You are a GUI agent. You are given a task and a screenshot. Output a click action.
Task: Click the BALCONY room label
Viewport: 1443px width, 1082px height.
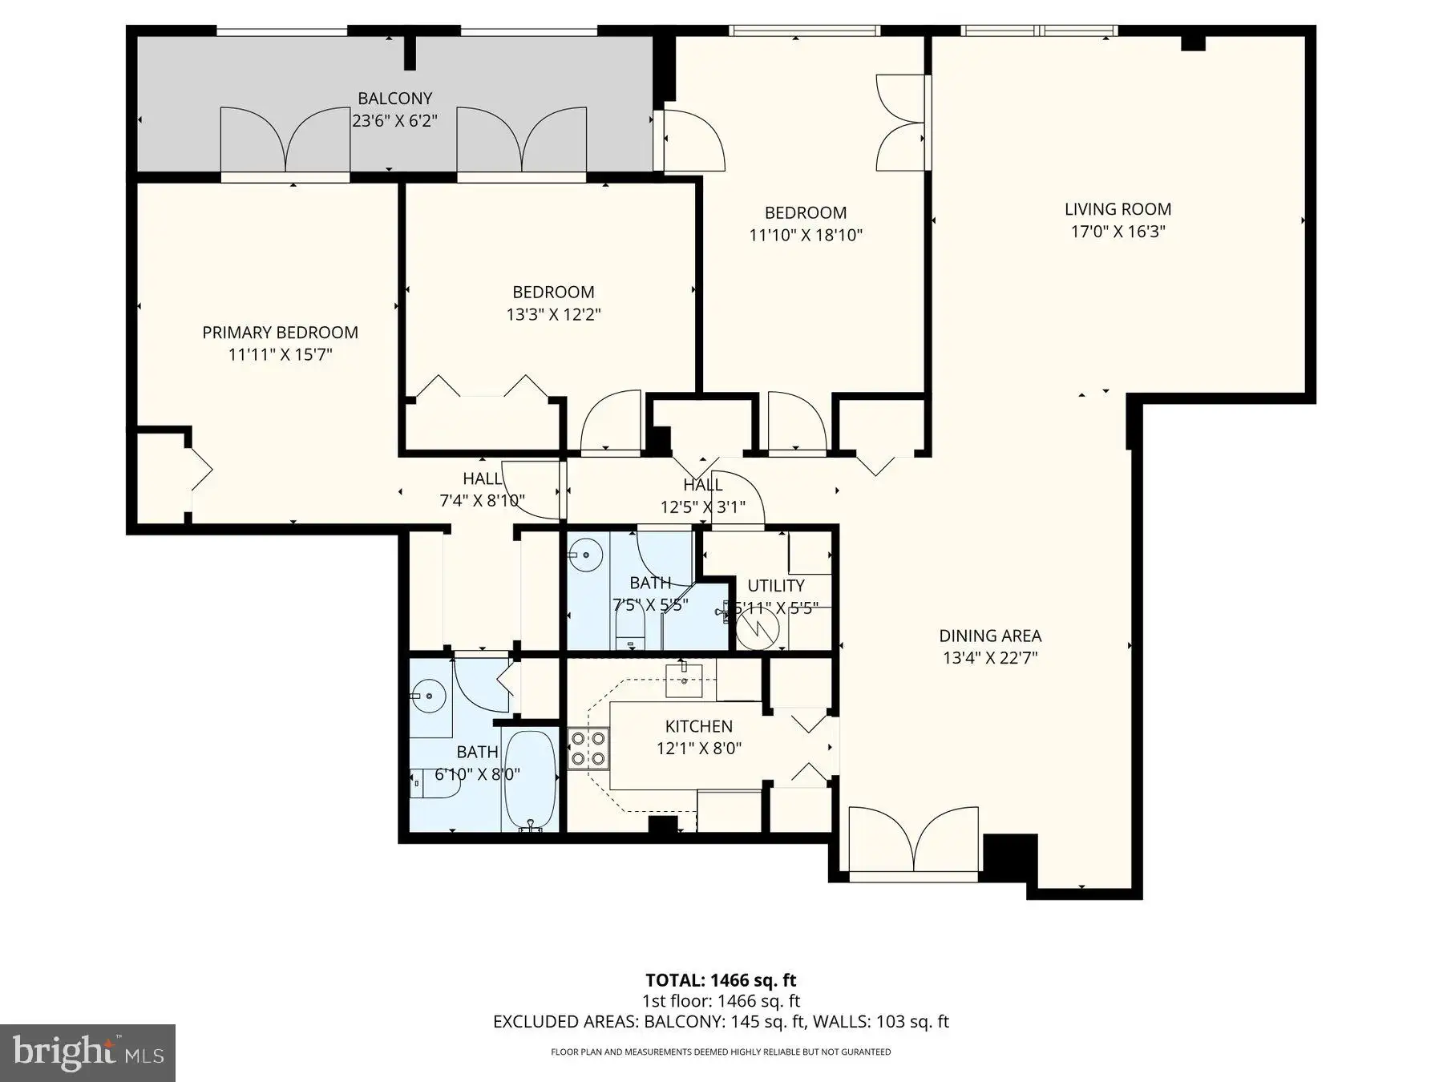tap(394, 99)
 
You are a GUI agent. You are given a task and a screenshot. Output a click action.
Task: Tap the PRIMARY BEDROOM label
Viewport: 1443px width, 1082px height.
tap(280, 333)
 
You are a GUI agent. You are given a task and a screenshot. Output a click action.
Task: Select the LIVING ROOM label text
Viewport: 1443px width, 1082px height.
tap(1118, 209)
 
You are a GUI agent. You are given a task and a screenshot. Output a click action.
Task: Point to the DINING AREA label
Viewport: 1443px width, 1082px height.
tap(990, 636)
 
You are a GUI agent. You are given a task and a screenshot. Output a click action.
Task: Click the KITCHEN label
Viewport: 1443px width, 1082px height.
tap(698, 726)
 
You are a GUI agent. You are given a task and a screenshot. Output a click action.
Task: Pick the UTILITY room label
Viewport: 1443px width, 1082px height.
tap(776, 586)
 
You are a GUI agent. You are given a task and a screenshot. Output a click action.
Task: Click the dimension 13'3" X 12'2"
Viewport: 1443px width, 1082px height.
tap(553, 315)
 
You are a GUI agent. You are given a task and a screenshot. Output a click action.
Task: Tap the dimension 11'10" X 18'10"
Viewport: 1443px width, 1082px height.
tap(806, 236)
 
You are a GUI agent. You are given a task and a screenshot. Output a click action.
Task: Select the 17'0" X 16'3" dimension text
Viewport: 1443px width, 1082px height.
tap(1118, 232)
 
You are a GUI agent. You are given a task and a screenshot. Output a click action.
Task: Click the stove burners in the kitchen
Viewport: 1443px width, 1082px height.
tap(588, 749)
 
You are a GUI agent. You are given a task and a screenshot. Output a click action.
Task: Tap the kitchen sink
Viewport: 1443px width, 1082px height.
tap(684, 680)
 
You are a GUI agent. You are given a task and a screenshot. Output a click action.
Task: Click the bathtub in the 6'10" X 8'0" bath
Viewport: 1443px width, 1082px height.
tap(530, 780)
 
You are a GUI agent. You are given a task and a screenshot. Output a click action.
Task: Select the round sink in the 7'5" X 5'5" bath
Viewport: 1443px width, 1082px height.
tap(589, 554)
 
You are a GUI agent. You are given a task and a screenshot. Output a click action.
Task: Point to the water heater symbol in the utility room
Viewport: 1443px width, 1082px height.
tap(758, 628)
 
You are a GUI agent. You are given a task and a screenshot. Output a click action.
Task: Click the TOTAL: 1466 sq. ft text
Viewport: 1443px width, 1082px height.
tap(721, 980)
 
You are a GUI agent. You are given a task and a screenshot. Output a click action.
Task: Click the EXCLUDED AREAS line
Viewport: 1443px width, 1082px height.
tap(721, 1022)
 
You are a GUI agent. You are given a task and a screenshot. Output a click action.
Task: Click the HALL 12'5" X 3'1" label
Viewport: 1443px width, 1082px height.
tap(702, 495)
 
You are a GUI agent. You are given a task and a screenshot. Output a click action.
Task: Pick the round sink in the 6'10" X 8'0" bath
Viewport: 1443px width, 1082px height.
tap(428, 694)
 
